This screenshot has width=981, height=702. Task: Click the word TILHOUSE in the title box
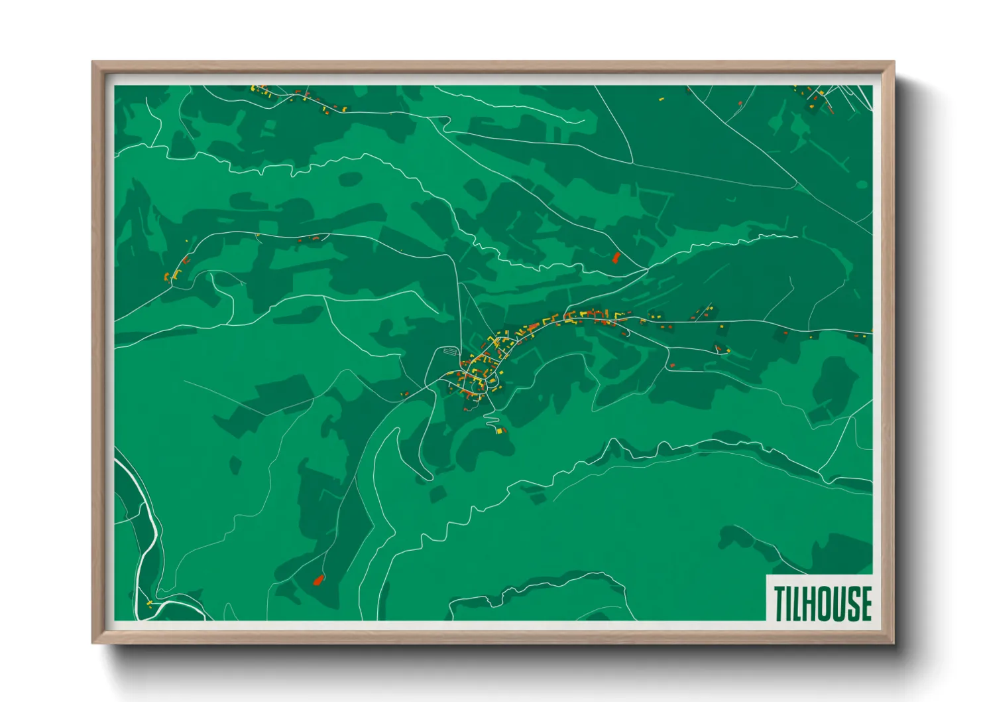pyautogui.click(x=822, y=603)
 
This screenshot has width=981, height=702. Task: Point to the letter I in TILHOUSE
pyautogui.click(x=790, y=603)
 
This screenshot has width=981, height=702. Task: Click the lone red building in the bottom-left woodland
pyautogui.click(x=318, y=581)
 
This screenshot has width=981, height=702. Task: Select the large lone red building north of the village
pyautogui.click(x=616, y=257)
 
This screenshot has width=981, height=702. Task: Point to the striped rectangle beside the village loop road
pyautogui.click(x=451, y=350)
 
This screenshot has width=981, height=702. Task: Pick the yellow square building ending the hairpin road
pyautogui.click(x=499, y=431)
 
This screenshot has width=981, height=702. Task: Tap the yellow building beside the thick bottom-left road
pyautogui.click(x=149, y=603)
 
